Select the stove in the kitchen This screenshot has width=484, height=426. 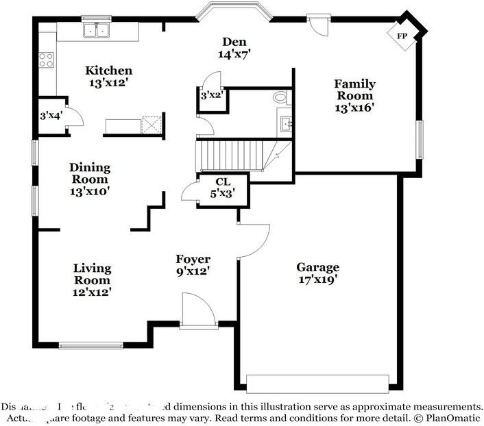point(47,60)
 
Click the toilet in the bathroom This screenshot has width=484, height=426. point(280,98)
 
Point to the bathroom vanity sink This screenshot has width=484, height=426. point(286,124)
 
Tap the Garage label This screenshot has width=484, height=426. point(317,267)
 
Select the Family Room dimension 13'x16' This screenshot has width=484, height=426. point(354,108)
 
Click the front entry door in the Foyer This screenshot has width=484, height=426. point(194,310)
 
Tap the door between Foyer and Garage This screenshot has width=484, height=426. point(253,240)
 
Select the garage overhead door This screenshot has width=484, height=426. point(317,383)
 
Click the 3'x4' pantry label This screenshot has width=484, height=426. point(49,116)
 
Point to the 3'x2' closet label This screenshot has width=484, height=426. point(211,96)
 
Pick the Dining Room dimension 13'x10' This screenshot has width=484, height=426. point(90,191)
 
